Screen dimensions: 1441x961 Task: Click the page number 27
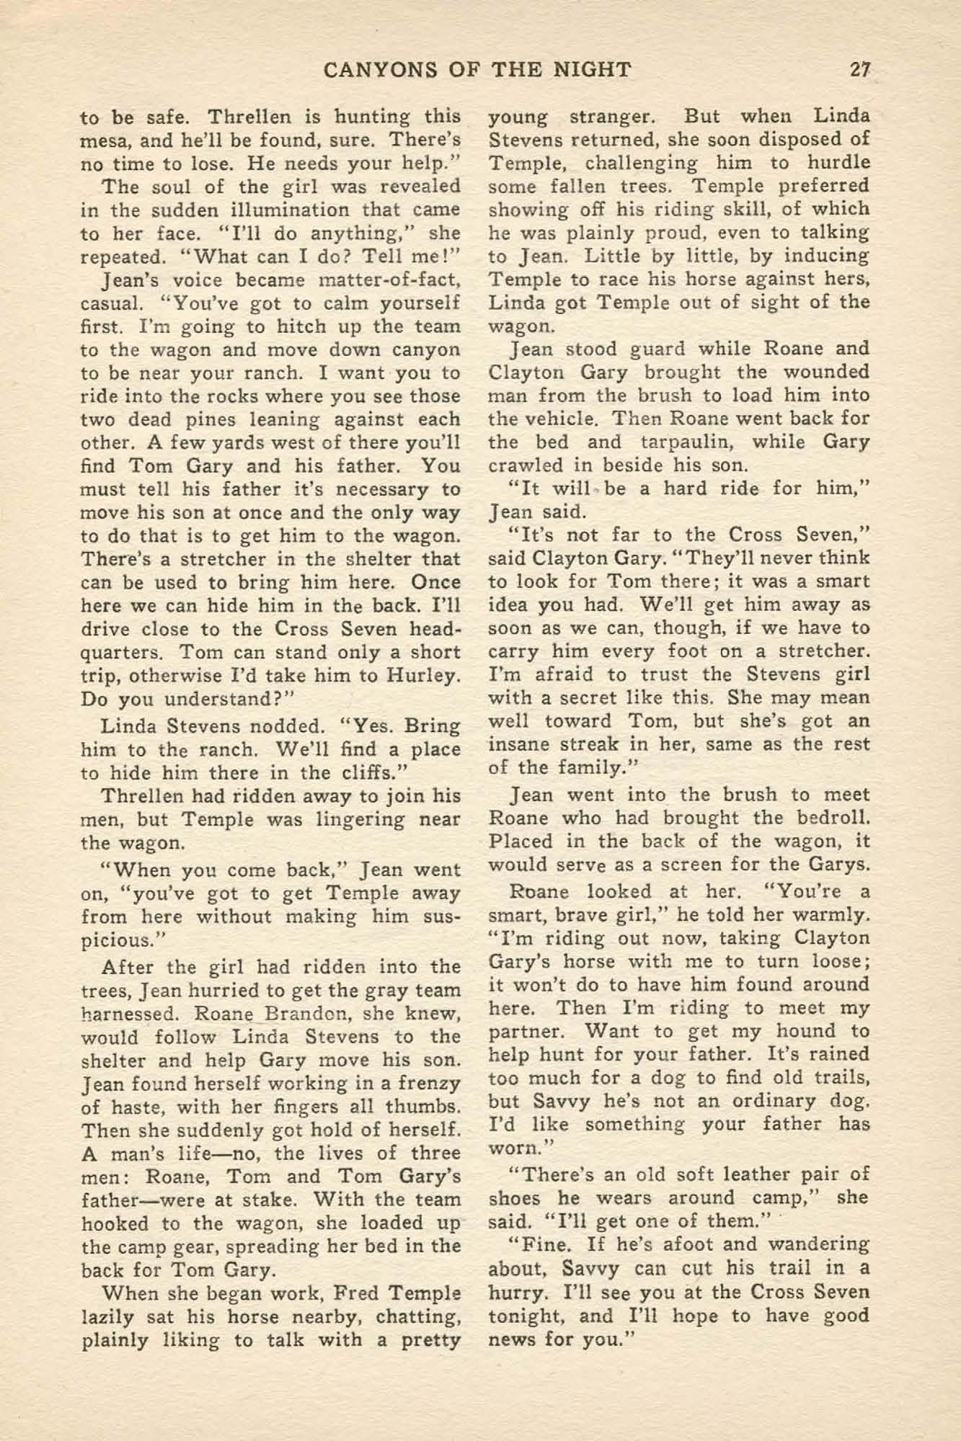[x=860, y=69]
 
